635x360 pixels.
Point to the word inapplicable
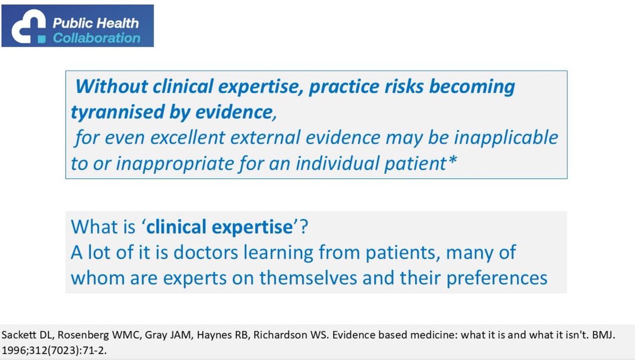point(510,138)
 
